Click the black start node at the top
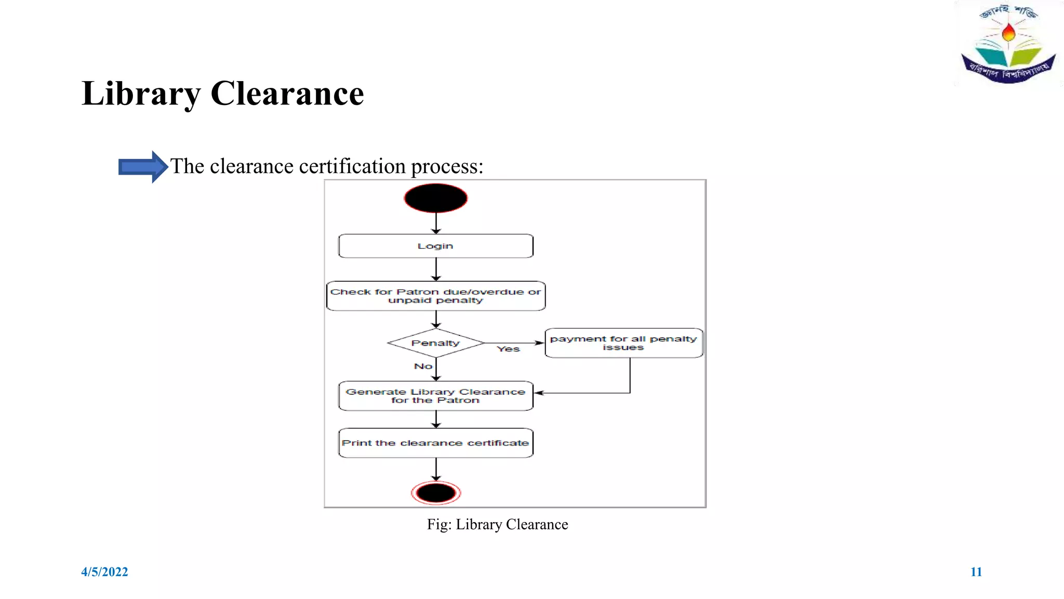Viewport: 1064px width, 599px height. point(435,198)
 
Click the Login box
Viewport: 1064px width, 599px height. point(435,246)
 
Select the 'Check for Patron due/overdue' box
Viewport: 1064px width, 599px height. point(435,296)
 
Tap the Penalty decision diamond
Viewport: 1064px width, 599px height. point(435,343)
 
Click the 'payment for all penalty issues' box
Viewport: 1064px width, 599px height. point(623,343)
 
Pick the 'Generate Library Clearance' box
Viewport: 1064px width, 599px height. point(435,396)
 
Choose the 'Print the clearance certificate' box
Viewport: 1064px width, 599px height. point(435,443)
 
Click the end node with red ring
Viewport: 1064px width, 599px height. point(436,493)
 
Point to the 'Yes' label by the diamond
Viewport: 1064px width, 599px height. point(508,349)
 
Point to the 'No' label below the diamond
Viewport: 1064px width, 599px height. point(423,367)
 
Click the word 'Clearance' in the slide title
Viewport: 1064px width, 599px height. point(287,94)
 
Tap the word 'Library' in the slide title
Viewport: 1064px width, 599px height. point(141,94)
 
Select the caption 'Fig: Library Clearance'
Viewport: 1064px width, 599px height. point(497,525)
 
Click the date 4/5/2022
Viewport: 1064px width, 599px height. point(104,572)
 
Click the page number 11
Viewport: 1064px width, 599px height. point(976,572)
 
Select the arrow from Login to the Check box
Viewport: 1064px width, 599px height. point(436,269)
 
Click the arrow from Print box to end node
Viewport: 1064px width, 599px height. point(436,470)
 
